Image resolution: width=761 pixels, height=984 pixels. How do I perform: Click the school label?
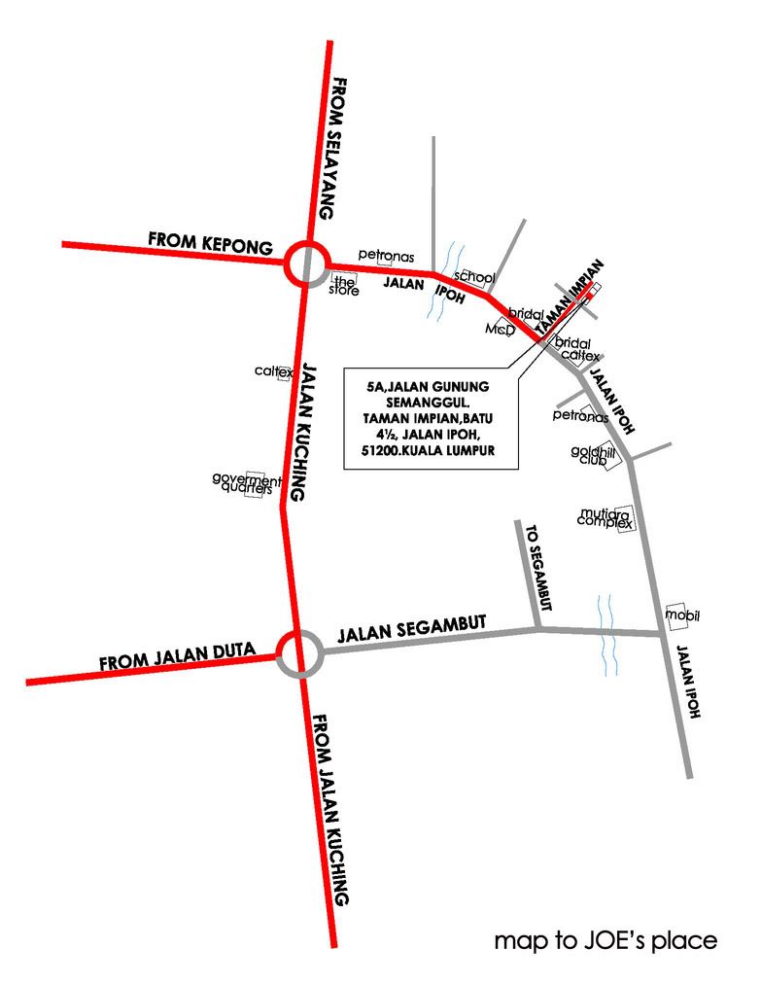[474, 277]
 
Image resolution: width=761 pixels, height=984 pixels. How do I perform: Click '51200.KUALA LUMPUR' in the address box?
[431, 452]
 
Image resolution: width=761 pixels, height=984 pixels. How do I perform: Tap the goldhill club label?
[589, 454]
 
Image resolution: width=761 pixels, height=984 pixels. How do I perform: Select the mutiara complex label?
[605, 517]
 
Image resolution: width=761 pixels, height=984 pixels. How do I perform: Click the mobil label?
[682, 615]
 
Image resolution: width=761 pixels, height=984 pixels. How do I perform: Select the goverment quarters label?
[246, 483]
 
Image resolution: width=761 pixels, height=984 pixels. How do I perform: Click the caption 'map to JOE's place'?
[605, 941]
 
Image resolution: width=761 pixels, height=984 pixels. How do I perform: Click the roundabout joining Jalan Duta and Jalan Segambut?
[297, 653]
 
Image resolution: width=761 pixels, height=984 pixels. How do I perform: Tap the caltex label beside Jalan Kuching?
[273, 371]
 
